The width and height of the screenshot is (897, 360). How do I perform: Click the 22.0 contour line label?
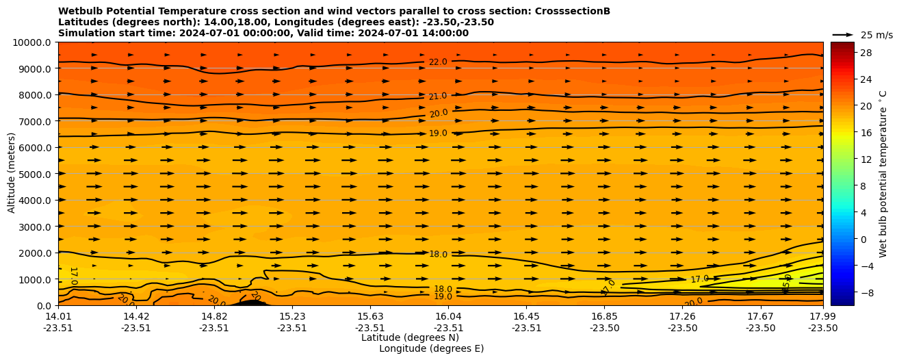pyautogui.click(x=438, y=62)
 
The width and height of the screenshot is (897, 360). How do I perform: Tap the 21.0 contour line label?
pyautogui.click(x=438, y=97)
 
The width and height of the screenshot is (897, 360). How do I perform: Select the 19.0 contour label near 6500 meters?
pyautogui.click(x=438, y=133)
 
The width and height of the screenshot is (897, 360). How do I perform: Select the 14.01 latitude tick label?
pyautogui.click(x=58, y=317)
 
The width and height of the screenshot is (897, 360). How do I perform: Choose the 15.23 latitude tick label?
pyautogui.click(x=292, y=317)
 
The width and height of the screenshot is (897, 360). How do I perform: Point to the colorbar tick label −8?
pyautogui.click(x=865, y=292)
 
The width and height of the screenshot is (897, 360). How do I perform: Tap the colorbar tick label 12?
pyautogui.click(x=865, y=159)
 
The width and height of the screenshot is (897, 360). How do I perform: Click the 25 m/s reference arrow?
pyautogui.click(x=842, y=35)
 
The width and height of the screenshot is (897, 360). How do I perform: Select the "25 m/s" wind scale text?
pyautogui.click(x=876, y=35)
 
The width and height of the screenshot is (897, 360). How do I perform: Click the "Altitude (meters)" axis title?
pyautogui.click(x=12, y=174)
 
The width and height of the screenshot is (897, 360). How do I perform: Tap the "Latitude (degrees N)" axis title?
pyautogui.click(x=410, y=337)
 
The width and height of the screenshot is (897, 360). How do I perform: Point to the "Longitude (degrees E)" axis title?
pyautogui.click(x=431, y=349)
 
